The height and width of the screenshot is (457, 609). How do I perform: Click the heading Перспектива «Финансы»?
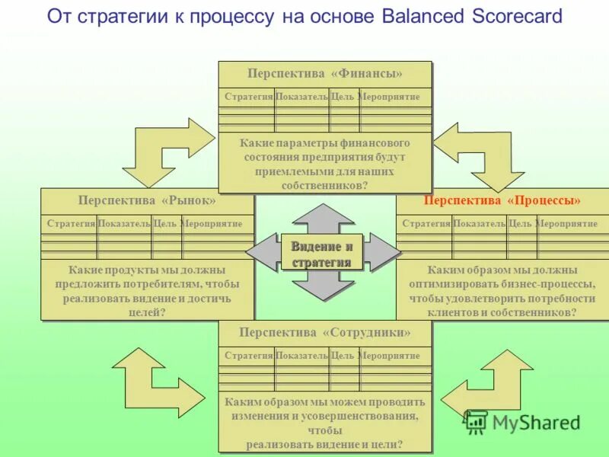(x=324, y=73)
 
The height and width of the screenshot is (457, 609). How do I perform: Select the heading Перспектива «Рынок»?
(x=146, y=200)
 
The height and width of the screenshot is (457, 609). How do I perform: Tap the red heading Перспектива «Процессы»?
(x=502, y=200)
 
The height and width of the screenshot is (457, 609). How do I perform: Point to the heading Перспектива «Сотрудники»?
(x=324, y=332)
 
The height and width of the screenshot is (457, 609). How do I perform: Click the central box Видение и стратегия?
(x=322, y=254)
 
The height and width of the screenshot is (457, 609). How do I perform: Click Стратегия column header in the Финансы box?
(x=248, y=97)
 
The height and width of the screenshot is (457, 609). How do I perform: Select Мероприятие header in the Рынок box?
(x=212, y=224)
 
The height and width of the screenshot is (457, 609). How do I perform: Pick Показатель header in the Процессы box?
(x=480, y=224)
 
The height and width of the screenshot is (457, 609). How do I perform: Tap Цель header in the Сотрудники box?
(x=343, y=356)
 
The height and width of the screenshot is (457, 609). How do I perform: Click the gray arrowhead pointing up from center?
(x=324, y=216)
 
